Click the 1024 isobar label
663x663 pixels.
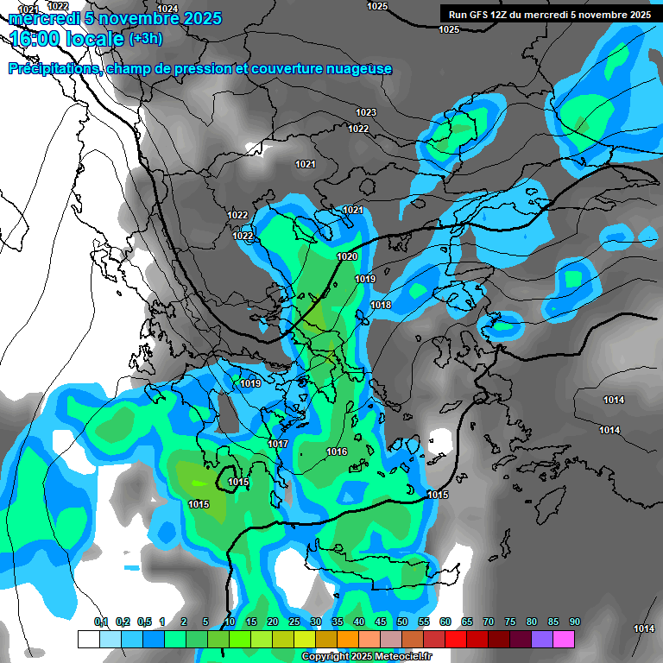coord(168,9)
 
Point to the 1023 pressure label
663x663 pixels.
coord(366,113)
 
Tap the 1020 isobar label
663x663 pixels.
coord(347,256)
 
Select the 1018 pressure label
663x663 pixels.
coord(381,306)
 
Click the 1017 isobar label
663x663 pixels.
coord(278,444)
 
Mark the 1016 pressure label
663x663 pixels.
coord(337,452)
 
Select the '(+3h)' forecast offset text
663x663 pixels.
coord(145,39)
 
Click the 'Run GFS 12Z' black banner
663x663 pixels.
coord(549,15)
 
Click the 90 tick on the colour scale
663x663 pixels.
coord(575,622)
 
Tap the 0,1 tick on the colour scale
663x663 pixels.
coord(101,622)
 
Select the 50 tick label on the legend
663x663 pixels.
coord(402,622)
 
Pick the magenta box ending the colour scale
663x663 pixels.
coord(564,639)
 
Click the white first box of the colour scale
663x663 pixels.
coord(88,639)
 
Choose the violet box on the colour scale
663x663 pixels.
coord(542,639)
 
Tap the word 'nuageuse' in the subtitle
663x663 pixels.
coord(357,69)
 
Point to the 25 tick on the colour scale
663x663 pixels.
coord(294,622)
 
